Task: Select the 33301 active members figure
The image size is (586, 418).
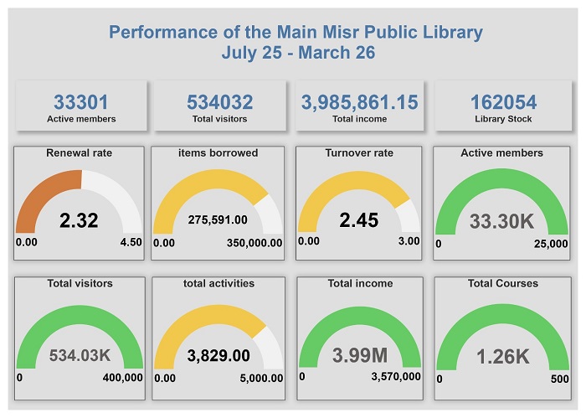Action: point(81,102)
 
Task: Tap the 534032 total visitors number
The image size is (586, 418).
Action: point(219,102)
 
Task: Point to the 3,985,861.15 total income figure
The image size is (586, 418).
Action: point(359,102)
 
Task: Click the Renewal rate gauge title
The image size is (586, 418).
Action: point(80,153)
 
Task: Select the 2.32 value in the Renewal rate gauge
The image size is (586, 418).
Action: point(79,220)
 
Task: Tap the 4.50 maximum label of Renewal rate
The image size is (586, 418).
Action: point(131,242)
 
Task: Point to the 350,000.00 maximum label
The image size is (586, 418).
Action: point(254,242)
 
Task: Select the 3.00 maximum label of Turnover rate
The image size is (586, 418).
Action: point(409,240)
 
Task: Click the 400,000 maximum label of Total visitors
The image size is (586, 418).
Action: point(122,377)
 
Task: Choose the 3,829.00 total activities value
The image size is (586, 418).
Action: point(218,355)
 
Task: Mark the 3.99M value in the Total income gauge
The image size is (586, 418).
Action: point(359,355)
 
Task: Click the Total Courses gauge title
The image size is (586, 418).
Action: point(502,283)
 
